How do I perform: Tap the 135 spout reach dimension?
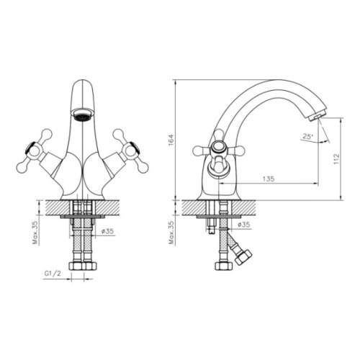(269, 179)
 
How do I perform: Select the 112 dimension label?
(336, 159)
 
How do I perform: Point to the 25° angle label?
(308, 137)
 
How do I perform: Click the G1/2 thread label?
(53, 274)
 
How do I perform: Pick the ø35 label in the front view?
(107, 231)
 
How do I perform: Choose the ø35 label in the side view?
(243, 225)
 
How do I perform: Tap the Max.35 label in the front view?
(35, 232)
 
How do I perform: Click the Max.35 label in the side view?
(172, 232)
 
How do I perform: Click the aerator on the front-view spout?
(83, 114)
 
